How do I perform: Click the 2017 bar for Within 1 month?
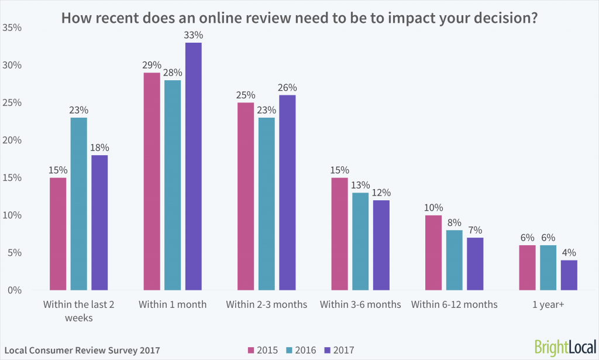click(x=194, y=166)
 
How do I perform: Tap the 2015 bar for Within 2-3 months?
click(x=246, y=196)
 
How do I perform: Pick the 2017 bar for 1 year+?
click(x=569, y=275)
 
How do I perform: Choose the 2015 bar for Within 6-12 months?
click(x=433, y=253)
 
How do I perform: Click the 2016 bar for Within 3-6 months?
click(x=360, y=241)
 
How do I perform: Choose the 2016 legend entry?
click(x=301, y=351)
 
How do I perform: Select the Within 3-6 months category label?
click(x=360, y=305)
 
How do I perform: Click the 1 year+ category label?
click(x=548, y=305)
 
